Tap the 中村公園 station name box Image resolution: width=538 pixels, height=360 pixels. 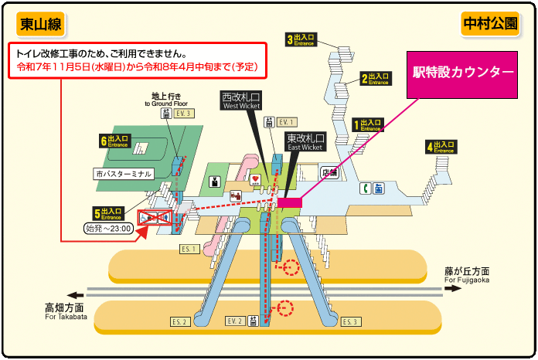tap(490, 24)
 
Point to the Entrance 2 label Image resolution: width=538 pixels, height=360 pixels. tap(375, 79)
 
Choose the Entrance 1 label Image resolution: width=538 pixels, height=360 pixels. tap(368, 124)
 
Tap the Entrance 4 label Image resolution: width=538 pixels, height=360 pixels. tap(441, 146)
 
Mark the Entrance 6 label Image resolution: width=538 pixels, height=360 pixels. tap(115, 141)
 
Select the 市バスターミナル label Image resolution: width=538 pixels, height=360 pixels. tap(124, 174)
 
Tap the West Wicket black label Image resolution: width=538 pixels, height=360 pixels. tap(242, 102)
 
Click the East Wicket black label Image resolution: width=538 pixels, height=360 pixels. tap(305, 141)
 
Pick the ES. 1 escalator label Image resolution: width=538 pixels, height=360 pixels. tap(189, 249)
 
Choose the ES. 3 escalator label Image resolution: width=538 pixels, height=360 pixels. tap(350, 321)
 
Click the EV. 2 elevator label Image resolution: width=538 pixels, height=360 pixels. tap(234, 321)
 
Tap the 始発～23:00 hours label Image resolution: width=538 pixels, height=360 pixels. tap(107, 229)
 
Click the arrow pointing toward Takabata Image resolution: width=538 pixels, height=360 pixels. tap(76, 294)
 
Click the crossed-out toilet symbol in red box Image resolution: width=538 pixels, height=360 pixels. tap(155, 218)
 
